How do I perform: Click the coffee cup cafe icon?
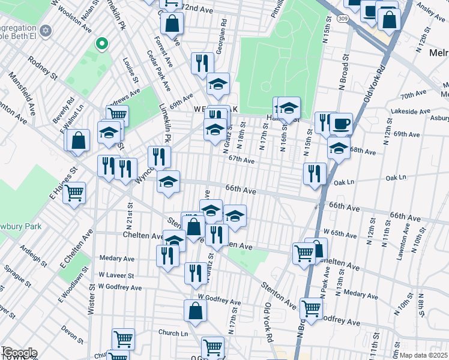(x=341, y=124)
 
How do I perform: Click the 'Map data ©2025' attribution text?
(x=421, y=355)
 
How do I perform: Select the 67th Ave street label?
(x=241, y=160)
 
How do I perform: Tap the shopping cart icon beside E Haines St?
(x=74, y=193)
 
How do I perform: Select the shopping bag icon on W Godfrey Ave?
(x=195, y=311)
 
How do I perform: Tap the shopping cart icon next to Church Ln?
(x=123, y=339)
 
